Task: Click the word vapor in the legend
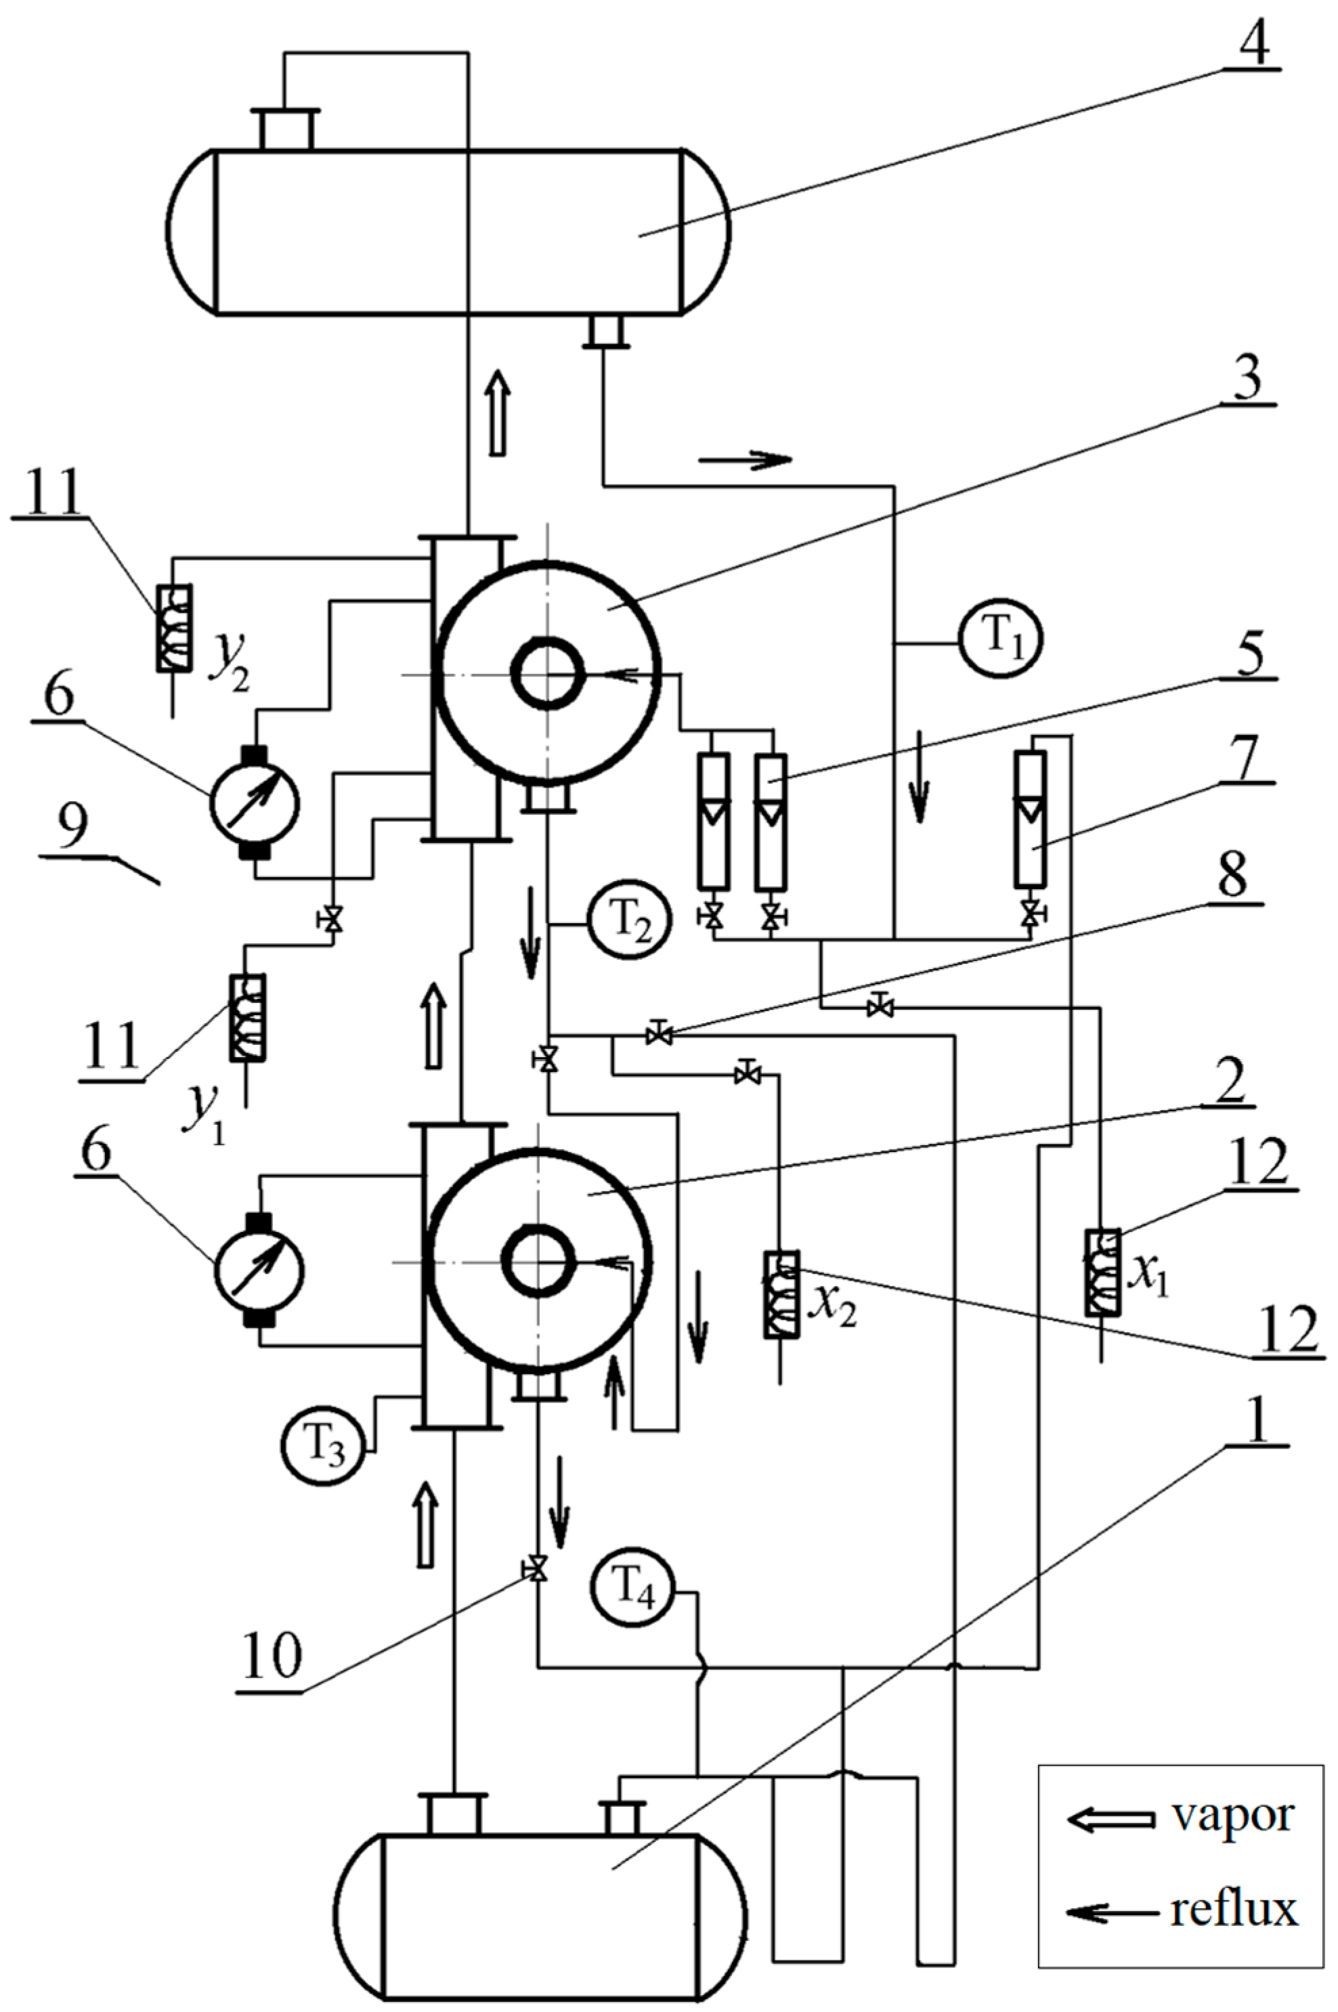pyautogui.click(x=1233, y=1818)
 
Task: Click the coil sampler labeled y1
pyautogui.click(x=246, y=1017)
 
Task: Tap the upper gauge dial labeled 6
pyautogui.click(x=255, y=802)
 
